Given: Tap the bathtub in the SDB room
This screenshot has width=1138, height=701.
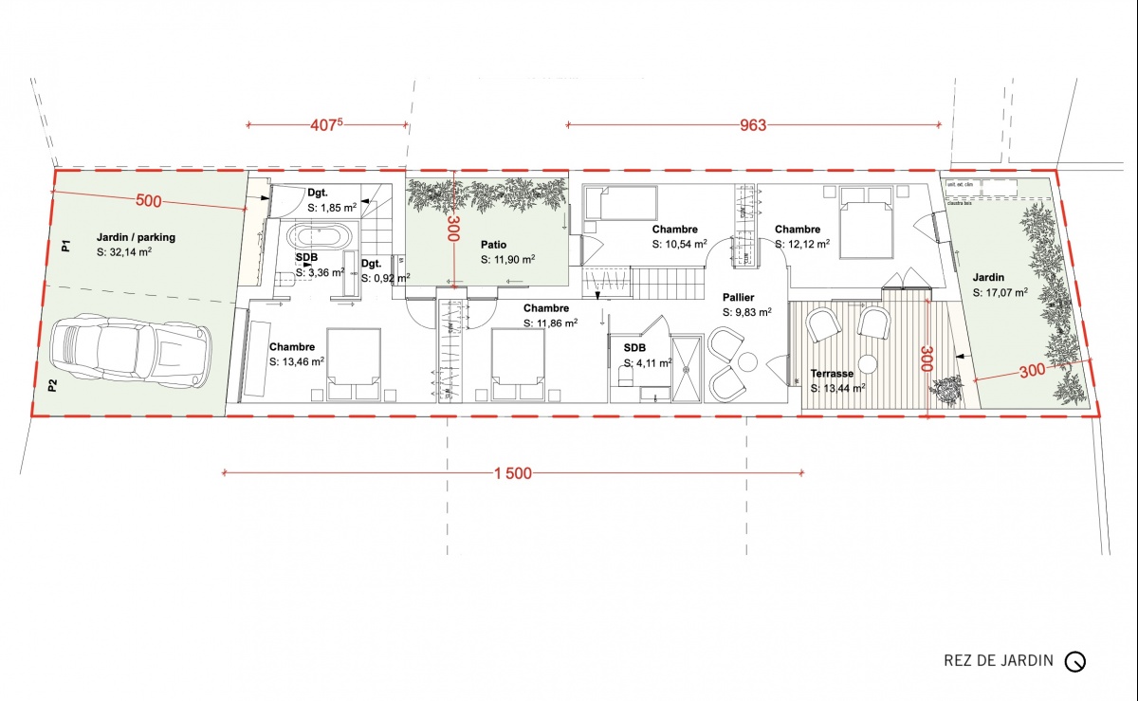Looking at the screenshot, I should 320,235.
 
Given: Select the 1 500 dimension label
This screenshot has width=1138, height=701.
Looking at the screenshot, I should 512,473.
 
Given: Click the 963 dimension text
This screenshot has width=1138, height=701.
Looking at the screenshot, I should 752,124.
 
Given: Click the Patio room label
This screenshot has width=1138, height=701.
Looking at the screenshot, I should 493,245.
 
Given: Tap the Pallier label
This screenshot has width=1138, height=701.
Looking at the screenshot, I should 739,297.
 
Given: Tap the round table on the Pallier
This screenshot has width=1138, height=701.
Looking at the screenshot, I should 747,361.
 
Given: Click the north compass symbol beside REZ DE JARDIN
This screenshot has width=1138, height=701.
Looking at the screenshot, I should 1074,661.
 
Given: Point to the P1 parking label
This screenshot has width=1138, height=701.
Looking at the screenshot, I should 65,247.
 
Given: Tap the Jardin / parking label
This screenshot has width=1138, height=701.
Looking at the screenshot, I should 136,237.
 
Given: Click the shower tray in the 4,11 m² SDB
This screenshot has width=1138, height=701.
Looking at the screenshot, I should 688,369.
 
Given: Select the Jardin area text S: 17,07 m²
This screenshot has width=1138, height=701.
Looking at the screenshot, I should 1000,293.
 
